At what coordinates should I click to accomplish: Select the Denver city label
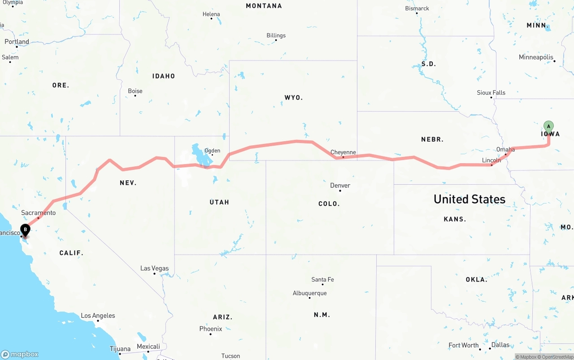click(x=340, y=186)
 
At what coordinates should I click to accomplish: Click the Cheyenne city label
click(x=343, y=152)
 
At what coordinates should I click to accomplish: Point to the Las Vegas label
click(x=154, y=269)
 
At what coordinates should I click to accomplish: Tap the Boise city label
click(x=135, y=91)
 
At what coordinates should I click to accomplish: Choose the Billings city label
click(x=276, y=35)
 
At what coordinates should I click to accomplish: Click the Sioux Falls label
click(x=491, y=93)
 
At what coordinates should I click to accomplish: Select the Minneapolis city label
click(x=536, y=57)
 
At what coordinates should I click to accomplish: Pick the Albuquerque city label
click(x=309, y=293)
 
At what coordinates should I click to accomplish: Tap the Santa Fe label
click(x=322, y=280)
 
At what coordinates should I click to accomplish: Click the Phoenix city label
click(x=211, y=329)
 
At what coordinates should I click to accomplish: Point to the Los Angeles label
click(x=98, y=316)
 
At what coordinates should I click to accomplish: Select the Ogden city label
click(x=212, y=151)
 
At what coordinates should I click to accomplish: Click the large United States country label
click(x=469, y=199)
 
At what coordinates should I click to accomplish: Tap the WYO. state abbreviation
click(x=293, y=97)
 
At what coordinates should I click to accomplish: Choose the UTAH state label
click(x=219, y=202)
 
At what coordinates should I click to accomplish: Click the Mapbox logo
click(x=20, y=354)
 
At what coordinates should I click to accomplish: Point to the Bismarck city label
click(x=417, y=9)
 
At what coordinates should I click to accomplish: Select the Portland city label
click(x=17, y=42)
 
